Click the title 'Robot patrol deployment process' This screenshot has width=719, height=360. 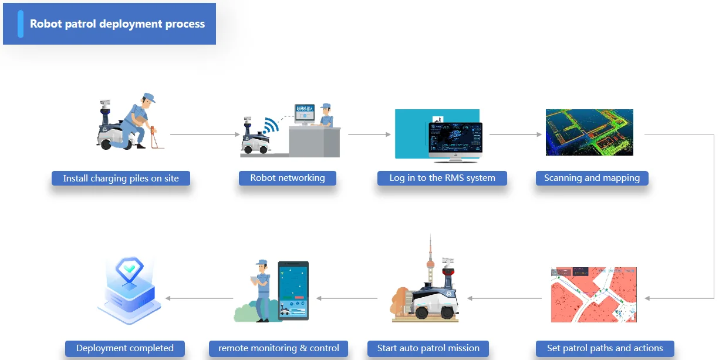point(117,24)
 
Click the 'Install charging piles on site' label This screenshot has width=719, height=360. point(121,178)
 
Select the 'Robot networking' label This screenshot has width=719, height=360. point(287,178)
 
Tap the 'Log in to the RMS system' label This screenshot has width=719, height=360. point(442,178)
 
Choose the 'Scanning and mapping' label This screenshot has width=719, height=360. point(592,178)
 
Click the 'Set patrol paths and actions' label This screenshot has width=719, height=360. point(605,348)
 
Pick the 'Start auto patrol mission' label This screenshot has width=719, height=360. point(428,348)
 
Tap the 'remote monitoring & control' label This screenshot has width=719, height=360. point(278,348)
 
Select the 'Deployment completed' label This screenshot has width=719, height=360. point(124,348)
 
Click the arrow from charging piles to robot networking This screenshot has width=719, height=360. point(205,134)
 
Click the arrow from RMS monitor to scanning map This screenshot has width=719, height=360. point(515,134)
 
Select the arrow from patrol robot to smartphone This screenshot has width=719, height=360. point(346,298)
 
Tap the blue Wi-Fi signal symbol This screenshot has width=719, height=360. point(271,126)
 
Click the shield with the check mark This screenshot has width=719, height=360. point(129,272)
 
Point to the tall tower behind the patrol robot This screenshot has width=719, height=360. point(430,258)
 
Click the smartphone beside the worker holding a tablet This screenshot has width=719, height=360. point(293,291)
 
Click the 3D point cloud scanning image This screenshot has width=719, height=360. point(589,132)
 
